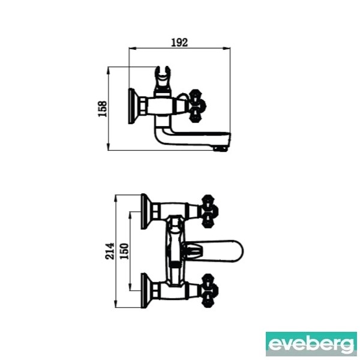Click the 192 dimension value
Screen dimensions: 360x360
[179, 43]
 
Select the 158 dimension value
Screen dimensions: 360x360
[103, 109]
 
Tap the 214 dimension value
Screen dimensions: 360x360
[110, 251]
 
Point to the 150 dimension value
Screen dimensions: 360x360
[125, 251]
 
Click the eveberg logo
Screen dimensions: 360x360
[311, 344]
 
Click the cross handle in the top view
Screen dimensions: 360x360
[197, 106]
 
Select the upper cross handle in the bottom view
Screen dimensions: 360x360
[209, 211]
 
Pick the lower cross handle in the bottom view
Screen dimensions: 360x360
[209, 290]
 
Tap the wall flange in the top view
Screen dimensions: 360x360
[133, 106]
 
